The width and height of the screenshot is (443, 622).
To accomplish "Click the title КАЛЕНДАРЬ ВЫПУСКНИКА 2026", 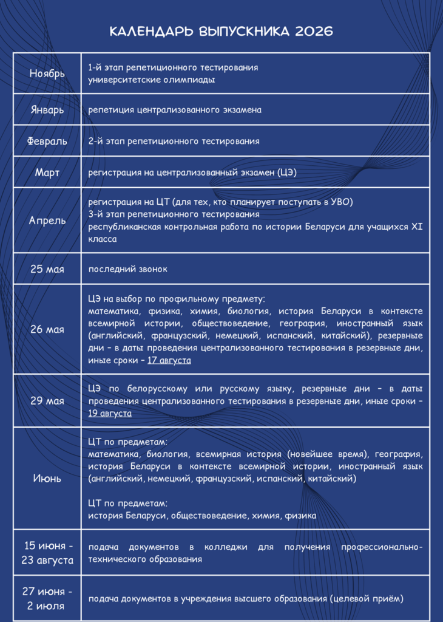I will pos(221,32).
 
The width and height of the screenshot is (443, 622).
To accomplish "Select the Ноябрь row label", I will pos(47,73).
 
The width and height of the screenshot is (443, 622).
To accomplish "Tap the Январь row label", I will pos(47,110).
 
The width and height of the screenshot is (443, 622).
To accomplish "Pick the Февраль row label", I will pos(47,141).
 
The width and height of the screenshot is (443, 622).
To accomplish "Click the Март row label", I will pos(47,173).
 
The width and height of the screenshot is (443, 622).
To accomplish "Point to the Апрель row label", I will pos(47,220).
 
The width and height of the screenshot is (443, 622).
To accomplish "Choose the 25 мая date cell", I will pos(47,269).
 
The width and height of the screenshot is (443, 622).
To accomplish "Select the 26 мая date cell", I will pos(47,329).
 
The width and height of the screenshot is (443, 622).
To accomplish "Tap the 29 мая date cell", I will pos(47,401).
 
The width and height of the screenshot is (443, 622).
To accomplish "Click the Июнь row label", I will pos(47,478).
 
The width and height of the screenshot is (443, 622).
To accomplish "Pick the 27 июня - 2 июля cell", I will pos(47,598).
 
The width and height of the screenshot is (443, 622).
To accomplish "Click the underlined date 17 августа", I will pos(169,360).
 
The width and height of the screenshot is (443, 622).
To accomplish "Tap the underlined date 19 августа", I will pos(110,413).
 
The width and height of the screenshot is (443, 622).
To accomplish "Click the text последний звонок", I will pos(128,269).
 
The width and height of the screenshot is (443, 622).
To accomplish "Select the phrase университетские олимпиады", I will pos(151,80).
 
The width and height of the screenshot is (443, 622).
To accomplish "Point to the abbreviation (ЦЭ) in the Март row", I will pos(286,173).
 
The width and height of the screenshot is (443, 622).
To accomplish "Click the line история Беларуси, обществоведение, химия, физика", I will pos(202,516).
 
